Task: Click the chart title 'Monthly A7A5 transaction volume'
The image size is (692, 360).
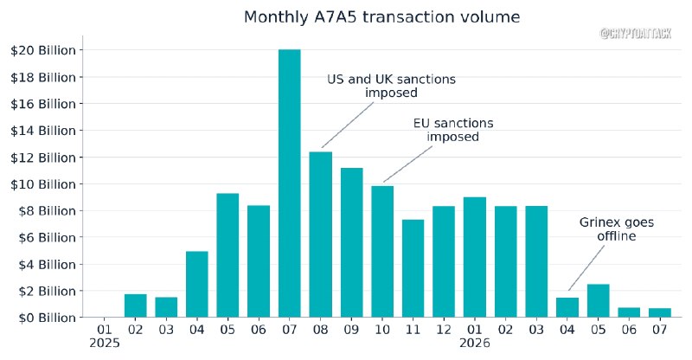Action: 381,16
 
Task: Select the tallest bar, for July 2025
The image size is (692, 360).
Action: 290,183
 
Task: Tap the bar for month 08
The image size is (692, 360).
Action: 320,235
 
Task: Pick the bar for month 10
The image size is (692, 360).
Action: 382,251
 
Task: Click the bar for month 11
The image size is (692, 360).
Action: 413,268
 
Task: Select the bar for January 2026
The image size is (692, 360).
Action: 475,257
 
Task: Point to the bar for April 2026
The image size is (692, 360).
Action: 567,307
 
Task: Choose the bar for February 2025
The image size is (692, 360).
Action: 136,305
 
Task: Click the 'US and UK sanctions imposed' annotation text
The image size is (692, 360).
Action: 391,86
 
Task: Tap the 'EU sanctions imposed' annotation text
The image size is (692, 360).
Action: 453,130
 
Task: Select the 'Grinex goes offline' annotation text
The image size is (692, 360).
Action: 617,228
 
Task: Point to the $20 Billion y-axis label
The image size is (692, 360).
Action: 42,50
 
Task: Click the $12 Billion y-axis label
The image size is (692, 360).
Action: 42,157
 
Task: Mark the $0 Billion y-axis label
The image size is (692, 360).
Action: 47,318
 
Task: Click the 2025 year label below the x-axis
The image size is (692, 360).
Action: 105,344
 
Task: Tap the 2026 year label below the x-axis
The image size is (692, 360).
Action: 475,344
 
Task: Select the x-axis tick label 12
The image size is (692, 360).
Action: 444,330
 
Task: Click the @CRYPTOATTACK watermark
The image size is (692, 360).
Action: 636,34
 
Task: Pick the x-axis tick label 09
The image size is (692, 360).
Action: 351,330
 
